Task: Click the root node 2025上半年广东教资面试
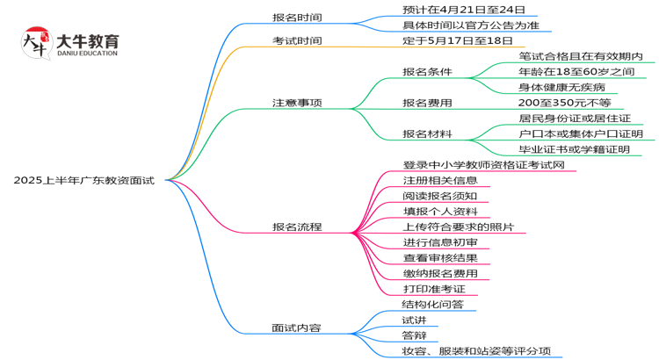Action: coord(83,180)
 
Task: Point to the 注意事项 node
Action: coord(297,103)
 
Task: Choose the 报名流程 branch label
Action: coord(297,227)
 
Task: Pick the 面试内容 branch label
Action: coord(296,328)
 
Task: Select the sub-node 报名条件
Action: coord(427,71)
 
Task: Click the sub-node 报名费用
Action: coord(427,103)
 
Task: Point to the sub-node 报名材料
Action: coord(427,133)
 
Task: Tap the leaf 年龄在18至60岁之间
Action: coord(576,71)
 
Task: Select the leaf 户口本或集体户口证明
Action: coord(581,133)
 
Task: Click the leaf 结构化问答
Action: coord(432,304)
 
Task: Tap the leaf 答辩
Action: coord(414,335)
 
